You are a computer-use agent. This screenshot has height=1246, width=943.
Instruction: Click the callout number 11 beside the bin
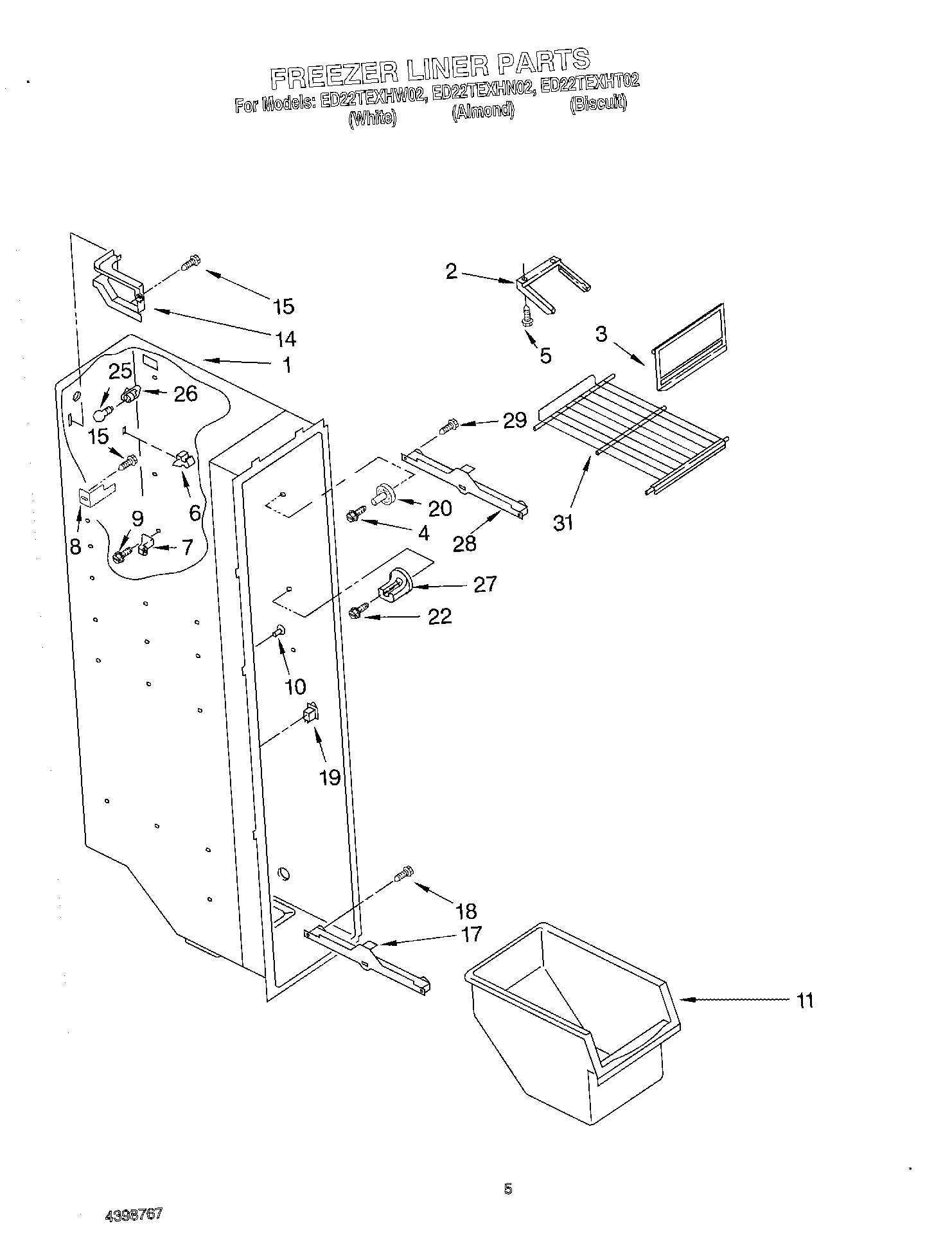804,1001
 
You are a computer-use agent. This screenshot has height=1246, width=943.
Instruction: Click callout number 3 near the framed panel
601,334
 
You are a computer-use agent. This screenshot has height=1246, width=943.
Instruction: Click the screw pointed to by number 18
404,875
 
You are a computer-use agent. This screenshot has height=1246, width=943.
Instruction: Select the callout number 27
485,584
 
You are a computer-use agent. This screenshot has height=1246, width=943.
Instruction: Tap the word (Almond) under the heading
482,111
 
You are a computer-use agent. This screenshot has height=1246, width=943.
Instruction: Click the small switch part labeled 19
311,713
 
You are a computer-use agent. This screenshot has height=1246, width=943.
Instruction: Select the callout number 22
439,617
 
